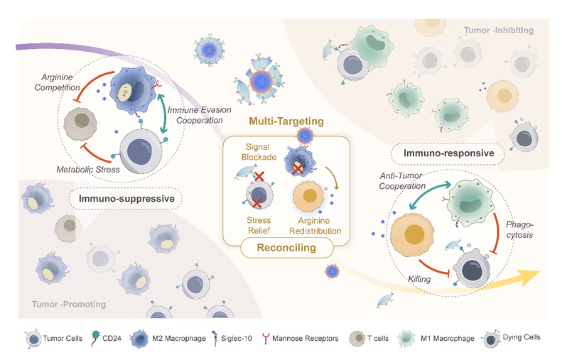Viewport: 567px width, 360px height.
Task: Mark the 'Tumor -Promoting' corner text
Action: (x=69, y=305)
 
